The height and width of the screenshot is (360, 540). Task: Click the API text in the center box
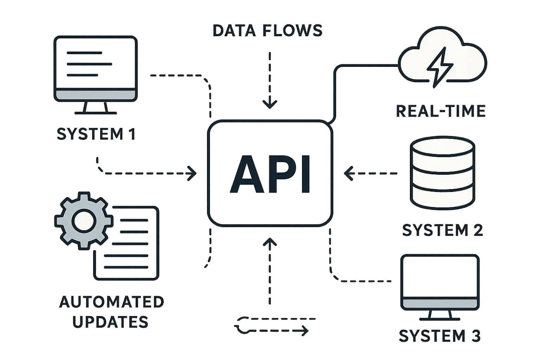pos(270,174)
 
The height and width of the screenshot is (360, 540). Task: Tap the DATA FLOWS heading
pos(267,31)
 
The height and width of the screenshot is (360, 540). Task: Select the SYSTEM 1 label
pos(96,134)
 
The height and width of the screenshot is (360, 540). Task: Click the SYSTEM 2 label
pos(443,230)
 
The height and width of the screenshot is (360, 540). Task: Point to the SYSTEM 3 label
pos(439,336)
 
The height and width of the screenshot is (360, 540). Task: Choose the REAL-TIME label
pos(441,111)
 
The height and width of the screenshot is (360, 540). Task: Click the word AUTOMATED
pos(111,302)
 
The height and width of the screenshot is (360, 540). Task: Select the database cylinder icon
pos(443,174)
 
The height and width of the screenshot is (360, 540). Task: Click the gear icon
pos(83,221)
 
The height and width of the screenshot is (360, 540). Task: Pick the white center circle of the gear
pos(83,221)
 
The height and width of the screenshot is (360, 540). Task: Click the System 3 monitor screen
pos(440,276)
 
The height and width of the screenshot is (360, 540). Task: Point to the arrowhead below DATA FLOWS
pos(270,104)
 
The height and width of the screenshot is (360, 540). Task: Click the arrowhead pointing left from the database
pos(348,173)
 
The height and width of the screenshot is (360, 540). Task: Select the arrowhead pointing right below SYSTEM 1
pos(192,173)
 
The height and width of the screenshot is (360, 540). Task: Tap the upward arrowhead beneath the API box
pos(270,243)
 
